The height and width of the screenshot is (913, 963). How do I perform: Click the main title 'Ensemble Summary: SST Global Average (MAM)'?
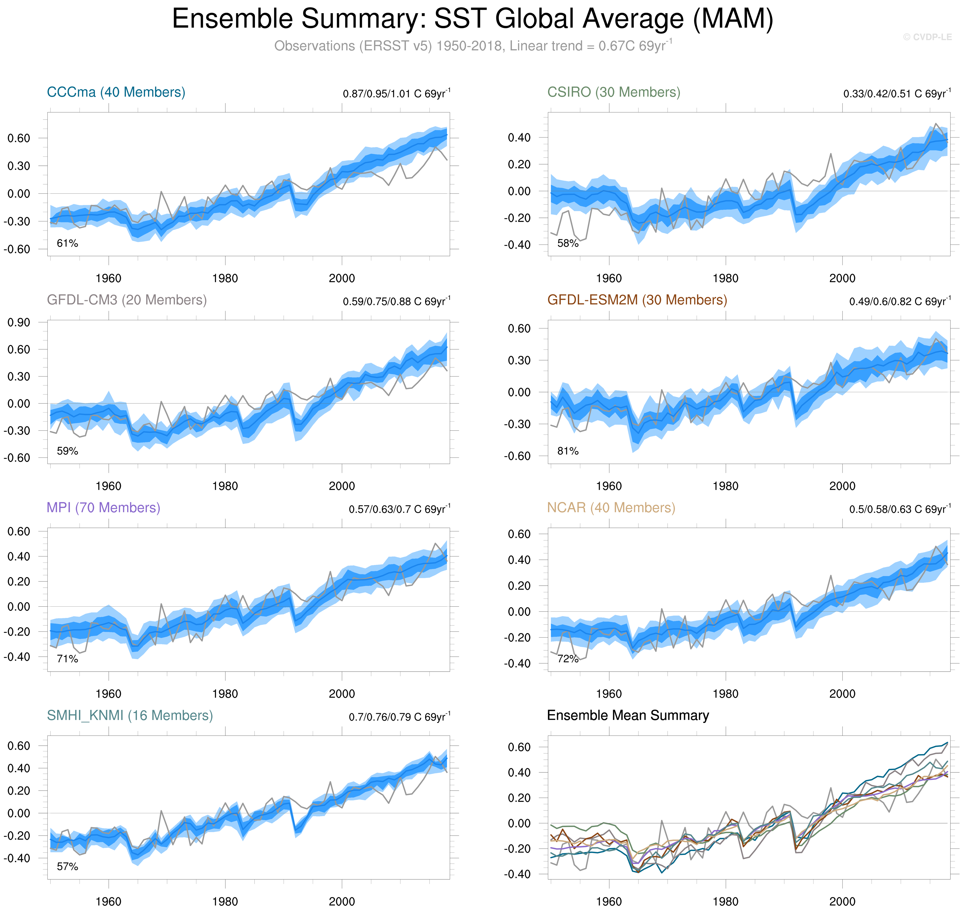[472, 19]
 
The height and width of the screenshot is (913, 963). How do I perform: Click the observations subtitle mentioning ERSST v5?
[472, 46]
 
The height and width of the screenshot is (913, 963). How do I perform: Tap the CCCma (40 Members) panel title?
[116, 92]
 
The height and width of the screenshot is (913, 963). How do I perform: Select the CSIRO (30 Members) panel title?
[614, 92]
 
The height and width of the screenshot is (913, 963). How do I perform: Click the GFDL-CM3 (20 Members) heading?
[127, 300]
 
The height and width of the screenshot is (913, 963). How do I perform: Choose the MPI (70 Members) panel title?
[103, 508]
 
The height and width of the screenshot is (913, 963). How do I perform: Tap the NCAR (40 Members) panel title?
[611, 508]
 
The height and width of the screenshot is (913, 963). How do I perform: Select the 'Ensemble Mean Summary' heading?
[628, 715]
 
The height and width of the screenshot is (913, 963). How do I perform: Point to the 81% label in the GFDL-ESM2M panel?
[568, 451]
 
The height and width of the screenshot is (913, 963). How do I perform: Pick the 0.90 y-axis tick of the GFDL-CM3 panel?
[18, 322]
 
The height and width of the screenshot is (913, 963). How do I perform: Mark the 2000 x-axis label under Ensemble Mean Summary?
[842, 901]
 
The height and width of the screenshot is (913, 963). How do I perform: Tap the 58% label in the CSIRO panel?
[568, 243]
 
